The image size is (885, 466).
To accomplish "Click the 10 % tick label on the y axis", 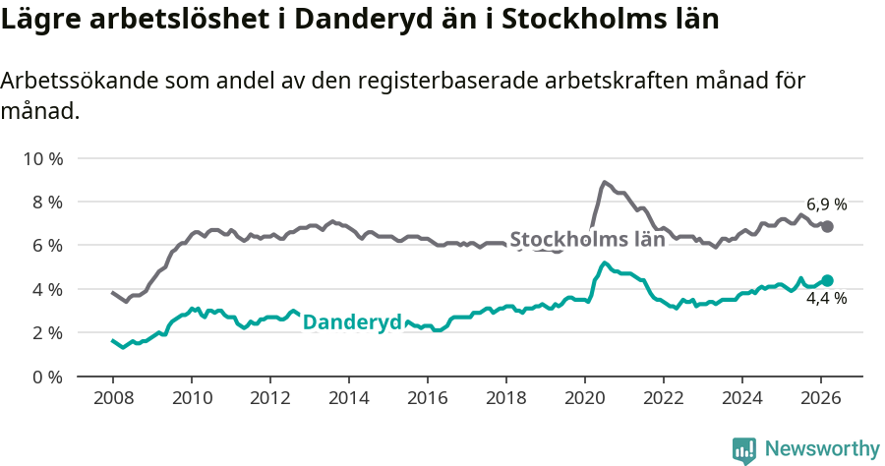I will coord(41,158).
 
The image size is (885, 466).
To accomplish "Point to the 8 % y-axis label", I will coord(45,202).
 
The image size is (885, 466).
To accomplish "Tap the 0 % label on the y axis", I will coord(45,377).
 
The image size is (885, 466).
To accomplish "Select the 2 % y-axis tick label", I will coord(45,332).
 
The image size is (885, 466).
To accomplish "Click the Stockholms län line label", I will coord(587,239).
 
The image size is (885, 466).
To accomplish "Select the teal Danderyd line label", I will coord(352,322).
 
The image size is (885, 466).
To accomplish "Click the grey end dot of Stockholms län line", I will coord(828,226).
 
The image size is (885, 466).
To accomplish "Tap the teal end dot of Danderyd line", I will coord(828,280).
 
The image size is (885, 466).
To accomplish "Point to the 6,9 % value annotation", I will coord(826,204).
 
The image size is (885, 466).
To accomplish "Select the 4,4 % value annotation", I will coord(826,299).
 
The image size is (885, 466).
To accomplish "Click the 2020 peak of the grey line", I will coord(605,182).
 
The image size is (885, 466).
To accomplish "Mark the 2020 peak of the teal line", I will coord(604,262).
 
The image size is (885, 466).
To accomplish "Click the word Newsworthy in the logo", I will coord(821,449).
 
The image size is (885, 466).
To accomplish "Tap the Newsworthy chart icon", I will coord(744,450).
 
